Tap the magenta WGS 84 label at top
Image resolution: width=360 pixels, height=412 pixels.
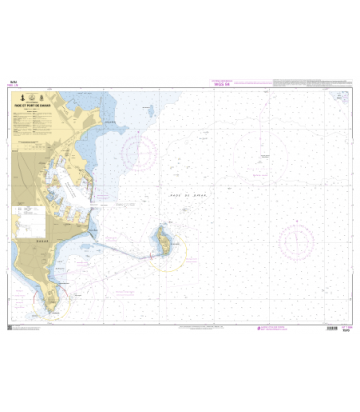click(x=223, y=85)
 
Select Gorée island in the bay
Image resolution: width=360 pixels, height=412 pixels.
click(x=163, y=237)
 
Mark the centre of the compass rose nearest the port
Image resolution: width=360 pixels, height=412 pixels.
click(x=140, y=150)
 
